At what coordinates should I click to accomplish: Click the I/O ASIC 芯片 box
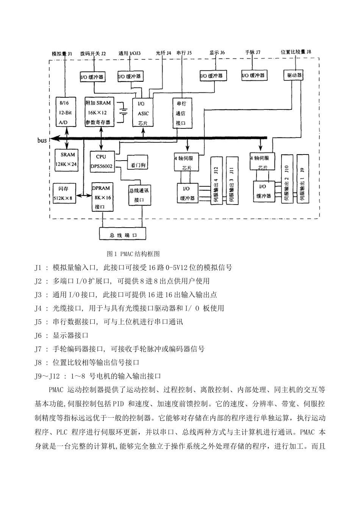click(143, 113)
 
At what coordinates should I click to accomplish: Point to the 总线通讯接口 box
click(139, 195)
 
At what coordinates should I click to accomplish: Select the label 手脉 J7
click(252, 52)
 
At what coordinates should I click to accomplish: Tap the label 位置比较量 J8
click(295, 52)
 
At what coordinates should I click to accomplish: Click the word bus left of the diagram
click(42, 141)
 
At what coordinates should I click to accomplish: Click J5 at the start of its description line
click(38, 322)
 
